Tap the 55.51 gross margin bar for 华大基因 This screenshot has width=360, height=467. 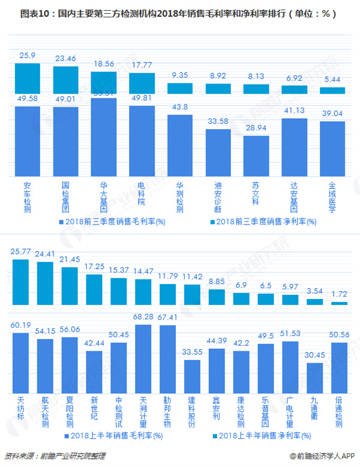point(103,137)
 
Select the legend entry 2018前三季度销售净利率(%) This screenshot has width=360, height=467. point(259,222)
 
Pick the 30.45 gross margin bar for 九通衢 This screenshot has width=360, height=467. point(315,378)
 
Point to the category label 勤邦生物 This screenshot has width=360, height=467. point(167,412)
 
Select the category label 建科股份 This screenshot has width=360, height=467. point(192,412)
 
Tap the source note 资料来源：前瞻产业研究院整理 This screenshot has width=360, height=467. point(48,457)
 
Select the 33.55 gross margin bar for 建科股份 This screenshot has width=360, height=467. point(192,376)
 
